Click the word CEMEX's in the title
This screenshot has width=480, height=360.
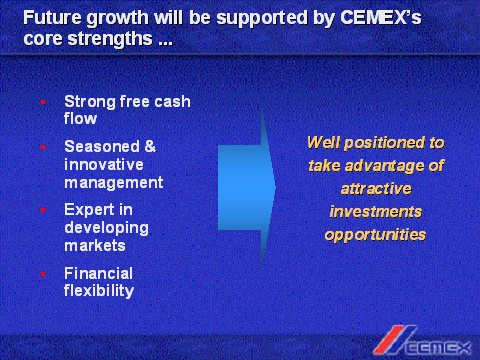point(381,17)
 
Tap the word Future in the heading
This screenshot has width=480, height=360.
point(52,17)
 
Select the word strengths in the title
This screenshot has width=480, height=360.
point(110,40)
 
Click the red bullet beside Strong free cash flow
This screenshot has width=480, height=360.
point(43,102)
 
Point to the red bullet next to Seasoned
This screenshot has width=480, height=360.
point(43,147)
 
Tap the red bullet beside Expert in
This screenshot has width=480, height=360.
point(43,210)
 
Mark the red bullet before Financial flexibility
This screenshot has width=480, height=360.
point(43,274)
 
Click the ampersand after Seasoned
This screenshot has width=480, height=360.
point(150,147)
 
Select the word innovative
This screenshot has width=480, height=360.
point(104,164)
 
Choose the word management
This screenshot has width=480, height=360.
point(114,183)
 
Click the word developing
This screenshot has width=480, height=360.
point(106,228)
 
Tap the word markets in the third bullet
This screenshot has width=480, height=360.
point(95,246)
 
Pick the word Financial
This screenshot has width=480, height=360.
point(98,274)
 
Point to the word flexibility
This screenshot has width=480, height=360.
point(99,291)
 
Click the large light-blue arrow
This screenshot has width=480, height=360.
point(247,188)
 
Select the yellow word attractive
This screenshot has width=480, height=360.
point(376,189)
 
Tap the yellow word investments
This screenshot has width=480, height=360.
point(376,212)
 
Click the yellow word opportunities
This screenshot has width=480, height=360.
point(375,235)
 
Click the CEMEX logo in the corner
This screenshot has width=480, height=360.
point(422,342)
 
